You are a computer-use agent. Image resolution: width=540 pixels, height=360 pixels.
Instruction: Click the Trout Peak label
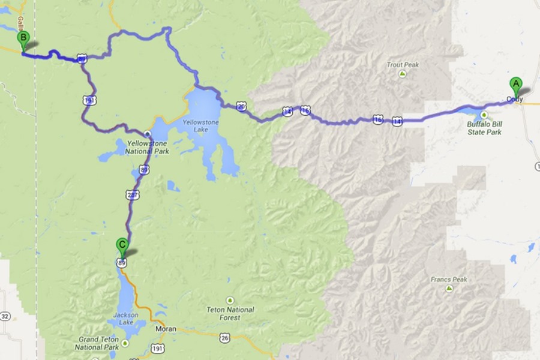403,65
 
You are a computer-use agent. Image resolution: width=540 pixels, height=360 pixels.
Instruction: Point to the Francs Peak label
448,280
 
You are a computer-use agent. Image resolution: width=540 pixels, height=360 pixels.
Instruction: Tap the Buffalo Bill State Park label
484,128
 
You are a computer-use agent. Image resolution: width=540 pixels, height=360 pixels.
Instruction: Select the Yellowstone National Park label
148,147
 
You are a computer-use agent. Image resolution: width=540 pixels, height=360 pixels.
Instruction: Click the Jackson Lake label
127,319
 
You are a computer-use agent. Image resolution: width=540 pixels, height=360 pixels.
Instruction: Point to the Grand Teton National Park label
98,343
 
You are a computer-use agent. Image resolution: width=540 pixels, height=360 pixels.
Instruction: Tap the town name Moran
166,329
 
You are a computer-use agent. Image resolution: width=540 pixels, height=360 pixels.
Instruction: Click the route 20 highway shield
241,106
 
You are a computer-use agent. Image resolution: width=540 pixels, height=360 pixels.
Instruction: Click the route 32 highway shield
5,316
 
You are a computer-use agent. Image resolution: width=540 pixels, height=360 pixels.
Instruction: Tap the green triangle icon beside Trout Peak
402,74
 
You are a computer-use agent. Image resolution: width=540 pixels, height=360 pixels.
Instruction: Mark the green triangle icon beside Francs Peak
449,289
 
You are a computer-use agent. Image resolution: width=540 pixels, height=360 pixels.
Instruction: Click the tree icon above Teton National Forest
229,299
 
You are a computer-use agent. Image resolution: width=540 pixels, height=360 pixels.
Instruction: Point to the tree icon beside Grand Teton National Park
125,344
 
